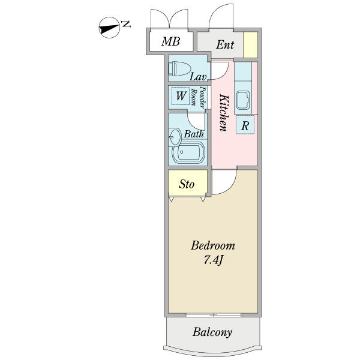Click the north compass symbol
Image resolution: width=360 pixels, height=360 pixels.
point(108,28)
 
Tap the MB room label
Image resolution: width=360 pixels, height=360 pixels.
point(171,42)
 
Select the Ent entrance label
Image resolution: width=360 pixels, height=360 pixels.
point(225,44)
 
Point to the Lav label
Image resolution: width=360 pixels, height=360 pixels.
point(198,77)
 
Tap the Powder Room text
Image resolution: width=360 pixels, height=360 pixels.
point(198,97)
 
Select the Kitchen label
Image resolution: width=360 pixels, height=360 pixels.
point(223,112)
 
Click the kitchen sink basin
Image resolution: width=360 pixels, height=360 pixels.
point(245,100)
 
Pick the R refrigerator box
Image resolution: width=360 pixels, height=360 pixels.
point(245,126)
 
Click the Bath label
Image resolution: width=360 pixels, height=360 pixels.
point(193,134)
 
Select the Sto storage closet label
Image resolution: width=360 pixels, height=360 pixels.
point(187,184)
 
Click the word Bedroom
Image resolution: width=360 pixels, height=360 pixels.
point(213,246)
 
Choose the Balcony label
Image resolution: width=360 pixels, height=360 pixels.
point(212,332)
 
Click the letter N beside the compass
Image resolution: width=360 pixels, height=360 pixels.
point(126,24)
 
